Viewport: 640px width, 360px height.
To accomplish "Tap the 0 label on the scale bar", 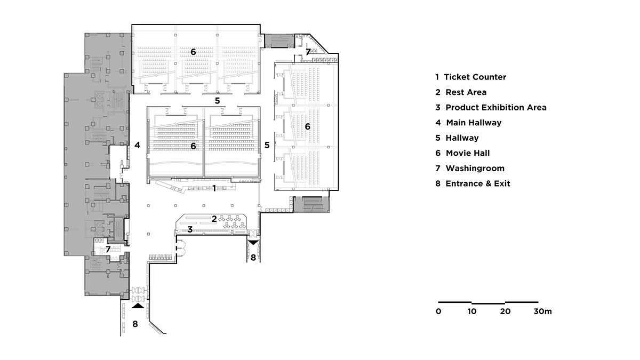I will coord(438,311).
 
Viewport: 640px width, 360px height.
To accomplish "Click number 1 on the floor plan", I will coord(214,188).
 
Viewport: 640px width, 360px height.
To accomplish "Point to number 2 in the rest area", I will coord(214,218).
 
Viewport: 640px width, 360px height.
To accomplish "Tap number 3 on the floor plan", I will coord(189,229).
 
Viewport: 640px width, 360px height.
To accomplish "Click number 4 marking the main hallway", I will coord(137,145).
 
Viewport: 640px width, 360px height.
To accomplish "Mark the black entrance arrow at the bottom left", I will coord(138,306).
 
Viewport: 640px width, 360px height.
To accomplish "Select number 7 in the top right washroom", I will coord(308,52).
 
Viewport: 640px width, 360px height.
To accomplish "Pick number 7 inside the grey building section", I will coord(108,249).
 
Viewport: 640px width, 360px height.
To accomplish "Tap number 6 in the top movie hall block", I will coord(193,52).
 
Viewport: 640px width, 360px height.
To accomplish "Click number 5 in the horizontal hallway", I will coord(217,100).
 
